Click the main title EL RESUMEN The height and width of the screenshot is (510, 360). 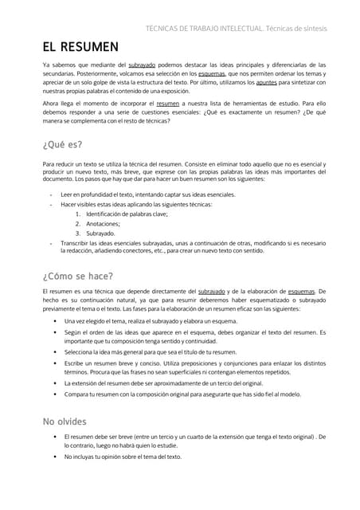pyautogui.click(x=80, y=47)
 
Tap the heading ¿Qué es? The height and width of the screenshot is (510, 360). pyautogui.click(x=62, y=145)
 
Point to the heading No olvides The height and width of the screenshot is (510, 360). pyautogui.click(x=65, y=421)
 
